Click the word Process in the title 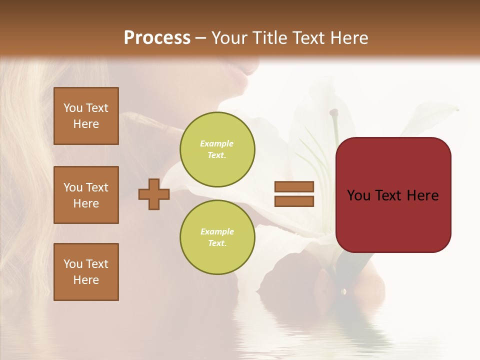pos(157,38)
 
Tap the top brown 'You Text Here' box pos(86,116)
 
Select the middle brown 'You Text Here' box pos(86,195)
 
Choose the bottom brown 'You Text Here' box pos(86,271)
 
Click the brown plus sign pos(154,194)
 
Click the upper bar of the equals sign pos(294,186)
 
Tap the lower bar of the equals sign pos(294,201)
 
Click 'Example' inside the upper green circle pos(216,143)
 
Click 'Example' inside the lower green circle pos(217,231)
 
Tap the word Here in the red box pos(422,195)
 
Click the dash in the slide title pos(200,38)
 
